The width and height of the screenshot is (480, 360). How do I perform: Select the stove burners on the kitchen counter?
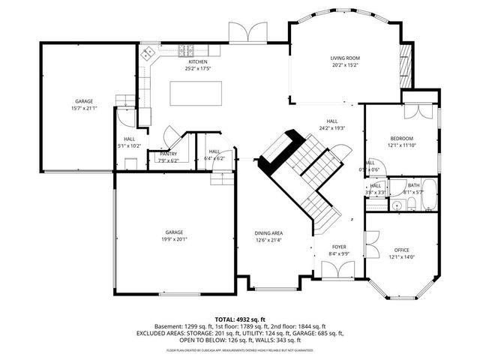pos(186,52)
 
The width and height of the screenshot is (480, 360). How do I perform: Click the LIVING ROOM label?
pos(345,58)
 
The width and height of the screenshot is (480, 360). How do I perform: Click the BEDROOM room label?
pos(401,138)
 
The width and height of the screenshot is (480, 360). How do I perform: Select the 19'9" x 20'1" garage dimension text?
pos(174,240)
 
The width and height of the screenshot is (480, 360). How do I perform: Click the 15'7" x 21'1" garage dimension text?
pos(84,108)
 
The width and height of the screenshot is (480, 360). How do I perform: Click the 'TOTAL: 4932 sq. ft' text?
pos(239,319)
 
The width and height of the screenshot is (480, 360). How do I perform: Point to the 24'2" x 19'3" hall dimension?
pos(331,128)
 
